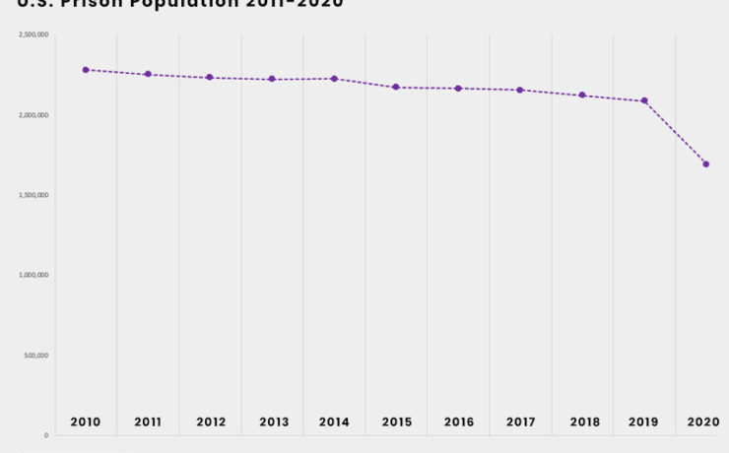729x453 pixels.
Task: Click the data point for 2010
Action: click(86, 70)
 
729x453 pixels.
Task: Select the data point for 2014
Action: click(334, 79)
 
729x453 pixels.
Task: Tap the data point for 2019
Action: click(644, 100)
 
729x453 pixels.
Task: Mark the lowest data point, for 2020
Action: click(706, 164)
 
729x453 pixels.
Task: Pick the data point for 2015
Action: click(396, 87)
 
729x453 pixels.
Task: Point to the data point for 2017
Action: click(520, 90)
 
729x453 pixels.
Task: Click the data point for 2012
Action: click(210, 77)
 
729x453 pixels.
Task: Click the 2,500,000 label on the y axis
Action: click(33, 35)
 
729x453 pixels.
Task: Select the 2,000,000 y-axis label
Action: click(33, 115)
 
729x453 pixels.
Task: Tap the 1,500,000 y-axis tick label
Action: click(33, 195)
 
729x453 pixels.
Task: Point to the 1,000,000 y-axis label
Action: click(33, 275)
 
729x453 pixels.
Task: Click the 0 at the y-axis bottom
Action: click(45, 435)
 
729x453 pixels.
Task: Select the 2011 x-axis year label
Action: click(148, 421)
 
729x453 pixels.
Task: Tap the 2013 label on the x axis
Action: click(273, 421)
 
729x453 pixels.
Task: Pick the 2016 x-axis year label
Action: click(458, 421)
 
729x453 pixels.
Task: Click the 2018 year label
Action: click(583, 421)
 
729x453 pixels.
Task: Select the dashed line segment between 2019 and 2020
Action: click(676, 133)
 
